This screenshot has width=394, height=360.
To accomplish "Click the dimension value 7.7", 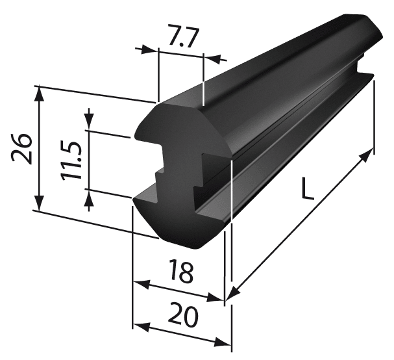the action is pyautogui.click(x=184, y=36).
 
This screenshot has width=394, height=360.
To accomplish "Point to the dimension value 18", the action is pyautogui.click(x=181, y=271).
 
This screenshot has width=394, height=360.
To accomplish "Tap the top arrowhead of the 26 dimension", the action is pyautogui.click(x=39, y=94).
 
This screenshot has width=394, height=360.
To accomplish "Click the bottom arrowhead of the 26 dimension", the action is pyautogui.click(x=39, y=203).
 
